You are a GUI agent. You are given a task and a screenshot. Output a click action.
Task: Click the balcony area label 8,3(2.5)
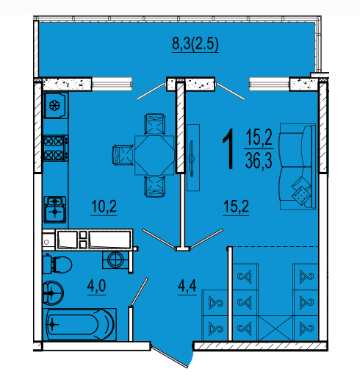195,44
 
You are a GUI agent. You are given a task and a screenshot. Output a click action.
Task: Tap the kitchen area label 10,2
104,206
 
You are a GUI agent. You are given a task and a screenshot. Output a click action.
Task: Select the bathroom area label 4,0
96,285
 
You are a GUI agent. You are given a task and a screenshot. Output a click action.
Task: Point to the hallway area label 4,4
187,285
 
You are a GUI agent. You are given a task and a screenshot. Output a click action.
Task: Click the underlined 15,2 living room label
236,206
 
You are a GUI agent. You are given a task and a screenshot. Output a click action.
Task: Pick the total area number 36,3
259,161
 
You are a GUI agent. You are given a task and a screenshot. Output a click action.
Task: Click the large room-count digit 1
228,149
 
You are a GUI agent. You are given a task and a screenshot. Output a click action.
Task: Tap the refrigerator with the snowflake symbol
56,105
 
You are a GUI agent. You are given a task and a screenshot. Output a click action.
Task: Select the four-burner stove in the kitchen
55,148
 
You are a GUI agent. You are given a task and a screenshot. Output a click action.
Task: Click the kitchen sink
55,209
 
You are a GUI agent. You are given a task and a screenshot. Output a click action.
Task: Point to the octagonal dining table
154,155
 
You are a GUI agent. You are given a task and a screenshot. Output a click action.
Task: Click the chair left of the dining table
123,155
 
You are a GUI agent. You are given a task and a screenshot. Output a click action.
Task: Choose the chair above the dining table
154,124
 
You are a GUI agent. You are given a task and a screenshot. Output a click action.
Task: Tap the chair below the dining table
154,186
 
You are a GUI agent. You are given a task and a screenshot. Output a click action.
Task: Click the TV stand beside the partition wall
193,157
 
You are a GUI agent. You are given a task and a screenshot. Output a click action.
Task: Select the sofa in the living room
298,167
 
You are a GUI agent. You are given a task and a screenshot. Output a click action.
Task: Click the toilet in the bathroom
57,265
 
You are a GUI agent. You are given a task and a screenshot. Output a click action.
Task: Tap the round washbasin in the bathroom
53,293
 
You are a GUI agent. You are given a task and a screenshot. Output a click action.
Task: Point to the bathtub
79,324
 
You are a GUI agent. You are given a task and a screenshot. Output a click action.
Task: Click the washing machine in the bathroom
115,259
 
